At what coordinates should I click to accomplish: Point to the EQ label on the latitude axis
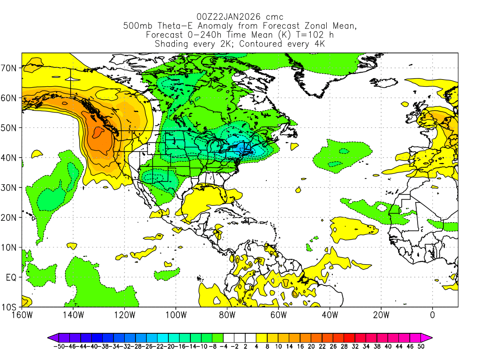coord(11,277)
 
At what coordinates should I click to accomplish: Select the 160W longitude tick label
coord(22,315)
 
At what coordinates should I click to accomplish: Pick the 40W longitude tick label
coord(330,315)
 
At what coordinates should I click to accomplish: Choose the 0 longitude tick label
coord(432,315)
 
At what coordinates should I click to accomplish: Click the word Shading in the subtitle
coord(171,44)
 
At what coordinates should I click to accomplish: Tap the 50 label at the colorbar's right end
coord(421,346)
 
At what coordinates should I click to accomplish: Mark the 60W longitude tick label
coord(278,315)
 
